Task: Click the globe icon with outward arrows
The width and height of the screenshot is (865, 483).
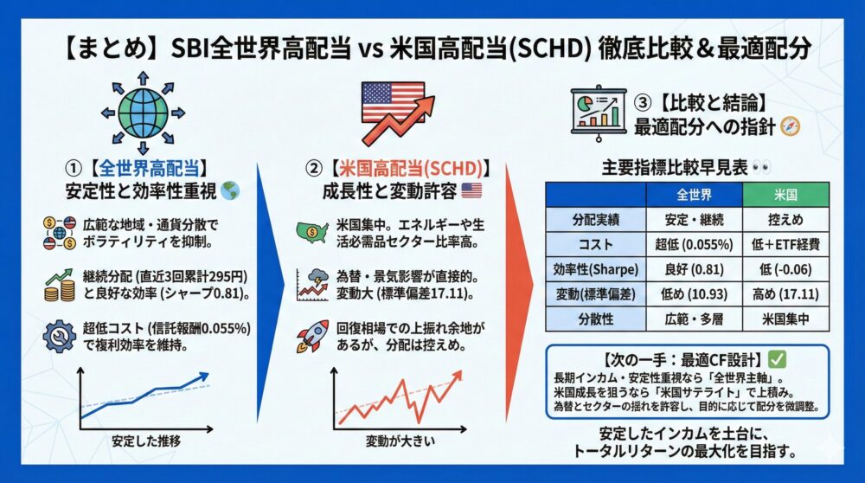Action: pyautogui.click(x=143, y=113)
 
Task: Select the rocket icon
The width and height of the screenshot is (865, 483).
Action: pyautogui.click(x=313, y=336)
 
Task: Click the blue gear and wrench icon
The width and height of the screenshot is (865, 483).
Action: pyautogui.click(x=59, y=336)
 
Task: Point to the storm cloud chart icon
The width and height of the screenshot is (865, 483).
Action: pyautogui.click(x=312, y=285)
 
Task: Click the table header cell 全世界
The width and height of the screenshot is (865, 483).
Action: pyautogui.click(x=694, y=195)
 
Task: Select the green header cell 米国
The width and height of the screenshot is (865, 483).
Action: pyautogui.click(x=785, y=195)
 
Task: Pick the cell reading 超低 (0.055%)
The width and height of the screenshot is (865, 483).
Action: pyautogui.click(x=694, y=245)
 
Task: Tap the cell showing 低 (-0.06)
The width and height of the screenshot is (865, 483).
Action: pyautogui.click(x=785, y=269)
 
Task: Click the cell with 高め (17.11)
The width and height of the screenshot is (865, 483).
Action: pyautogui.click(x=785, y=294)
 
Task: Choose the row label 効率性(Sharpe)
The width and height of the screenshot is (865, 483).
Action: pyautogui.click(x=596, y=269)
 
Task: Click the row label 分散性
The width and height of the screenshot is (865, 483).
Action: pyautogui.click(x=596, y=319)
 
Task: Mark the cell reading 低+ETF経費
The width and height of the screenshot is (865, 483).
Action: pyautogui.click(x=785, y=245)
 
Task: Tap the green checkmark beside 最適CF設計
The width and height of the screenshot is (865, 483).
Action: pyautogui.click(x=778, y=359)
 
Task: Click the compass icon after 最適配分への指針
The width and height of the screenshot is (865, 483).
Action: pyautogui.click(x=790, y=127)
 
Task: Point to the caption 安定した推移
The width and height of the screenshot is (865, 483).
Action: pyautogui.click(x=146, y=441)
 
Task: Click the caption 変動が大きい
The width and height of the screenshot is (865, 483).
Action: pyautogui.click(x=400, y=441)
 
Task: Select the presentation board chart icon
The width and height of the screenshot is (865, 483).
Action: pyautogui.click(x=599, y=112)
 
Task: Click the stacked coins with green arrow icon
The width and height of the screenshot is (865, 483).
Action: pyautogui.click(x=60, y=285)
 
